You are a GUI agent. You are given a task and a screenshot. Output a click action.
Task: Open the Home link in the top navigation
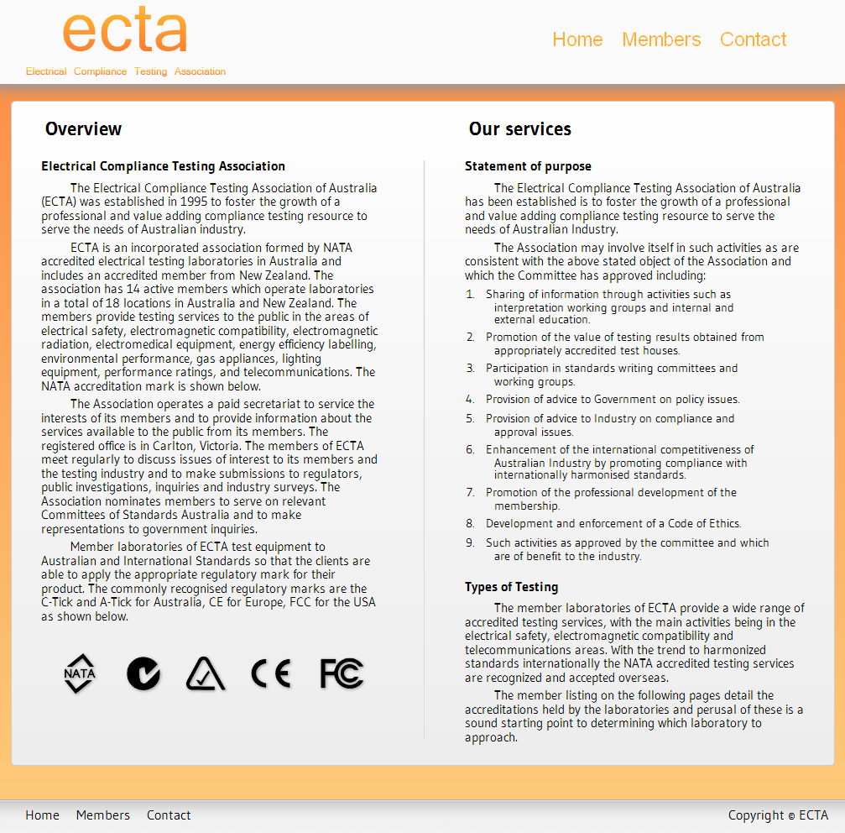point(577,39)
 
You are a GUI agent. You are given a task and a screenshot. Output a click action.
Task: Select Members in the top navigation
point(661,39)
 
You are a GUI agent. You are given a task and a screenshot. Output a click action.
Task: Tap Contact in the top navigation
point(753,39)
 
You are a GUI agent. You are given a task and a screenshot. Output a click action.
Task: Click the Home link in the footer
point(42,815)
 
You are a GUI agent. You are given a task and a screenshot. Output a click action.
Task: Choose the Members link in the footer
point(102,815)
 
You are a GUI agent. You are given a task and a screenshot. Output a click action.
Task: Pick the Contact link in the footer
point(168,815)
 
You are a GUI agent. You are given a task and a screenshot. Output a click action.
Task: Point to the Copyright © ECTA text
point(778,815)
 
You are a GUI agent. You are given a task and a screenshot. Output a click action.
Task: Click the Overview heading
point(83,129)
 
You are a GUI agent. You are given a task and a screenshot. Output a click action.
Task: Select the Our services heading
point(519,129)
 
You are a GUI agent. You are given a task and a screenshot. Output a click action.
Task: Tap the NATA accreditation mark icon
point(80,673)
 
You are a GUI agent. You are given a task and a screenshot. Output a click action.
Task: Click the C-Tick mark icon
point(143,673)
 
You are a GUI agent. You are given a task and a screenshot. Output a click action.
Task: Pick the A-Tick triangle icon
point(206,673)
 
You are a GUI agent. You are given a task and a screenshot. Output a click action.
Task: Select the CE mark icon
point(271,673)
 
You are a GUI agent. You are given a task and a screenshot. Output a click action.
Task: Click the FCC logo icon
point(342,673)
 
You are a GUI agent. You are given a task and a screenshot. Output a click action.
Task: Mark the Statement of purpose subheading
point(528,166)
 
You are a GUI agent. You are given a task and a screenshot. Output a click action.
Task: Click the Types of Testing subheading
point(511,587)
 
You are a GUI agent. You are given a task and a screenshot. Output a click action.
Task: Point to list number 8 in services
point(471,524)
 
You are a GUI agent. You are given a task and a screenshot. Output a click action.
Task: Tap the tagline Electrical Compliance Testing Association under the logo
point(126,71)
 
